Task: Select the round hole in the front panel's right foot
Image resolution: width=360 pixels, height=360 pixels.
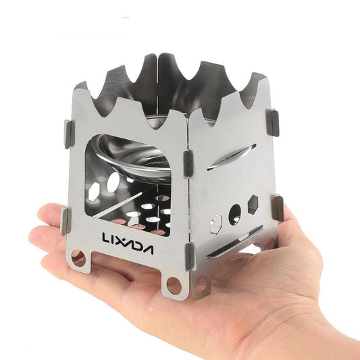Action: pyautogui.click(x=174, y=284)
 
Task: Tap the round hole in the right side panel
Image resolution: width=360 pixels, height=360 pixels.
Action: pyautogui.click(x=234, y=215)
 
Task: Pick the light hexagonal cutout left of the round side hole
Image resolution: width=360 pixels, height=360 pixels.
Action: pyautogui.click(x=217, y=222)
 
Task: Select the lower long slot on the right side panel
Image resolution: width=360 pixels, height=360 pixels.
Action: pyautogui.click(x=233, y=242)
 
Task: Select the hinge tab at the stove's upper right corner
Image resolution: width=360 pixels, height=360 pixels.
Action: pyautogui.click(x=274, y=122)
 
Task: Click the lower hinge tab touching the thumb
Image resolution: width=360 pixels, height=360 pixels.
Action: pyautogui.click(x=277, y=208)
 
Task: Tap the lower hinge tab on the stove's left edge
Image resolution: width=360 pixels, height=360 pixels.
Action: pyautogui.click(x=66, y=221)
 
